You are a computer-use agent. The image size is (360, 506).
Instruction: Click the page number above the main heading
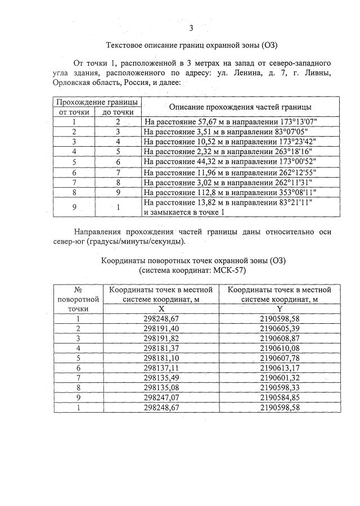[191, 29]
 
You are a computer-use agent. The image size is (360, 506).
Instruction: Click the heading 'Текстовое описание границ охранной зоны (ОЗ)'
[192, 45]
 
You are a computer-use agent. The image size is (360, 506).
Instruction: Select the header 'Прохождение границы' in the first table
[97, 102]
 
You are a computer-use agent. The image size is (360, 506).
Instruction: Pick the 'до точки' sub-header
[118, 111]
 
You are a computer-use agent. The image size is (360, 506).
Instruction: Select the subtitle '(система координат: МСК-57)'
[192, 270]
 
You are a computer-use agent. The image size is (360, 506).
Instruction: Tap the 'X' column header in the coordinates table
[161, 309]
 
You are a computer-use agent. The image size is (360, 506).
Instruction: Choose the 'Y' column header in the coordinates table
[280, 309]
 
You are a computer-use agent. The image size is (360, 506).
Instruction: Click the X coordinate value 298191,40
[161, 328]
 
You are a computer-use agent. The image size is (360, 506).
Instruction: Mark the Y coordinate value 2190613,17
[280, 368]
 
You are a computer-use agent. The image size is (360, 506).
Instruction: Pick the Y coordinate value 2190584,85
[280, 397]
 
